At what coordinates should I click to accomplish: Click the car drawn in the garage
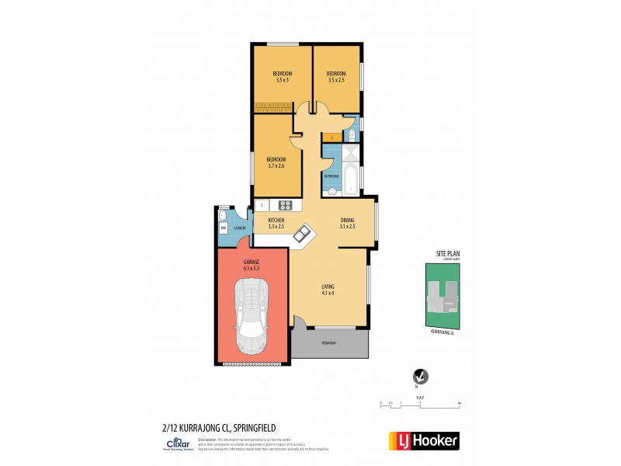click(252, 317)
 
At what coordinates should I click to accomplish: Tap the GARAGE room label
click(251, 265)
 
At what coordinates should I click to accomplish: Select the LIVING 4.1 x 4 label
click(328, 290)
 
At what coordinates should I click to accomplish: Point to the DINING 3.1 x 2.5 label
click(347, 223)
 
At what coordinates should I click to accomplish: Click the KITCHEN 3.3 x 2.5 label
click(276, 223)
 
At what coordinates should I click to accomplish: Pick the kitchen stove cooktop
click(285, 205)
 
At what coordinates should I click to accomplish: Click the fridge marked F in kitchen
click(262, 205)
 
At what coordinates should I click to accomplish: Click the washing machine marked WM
click(223, 228)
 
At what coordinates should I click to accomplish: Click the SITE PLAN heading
click(445, 254)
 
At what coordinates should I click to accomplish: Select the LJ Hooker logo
click(423, 440)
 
